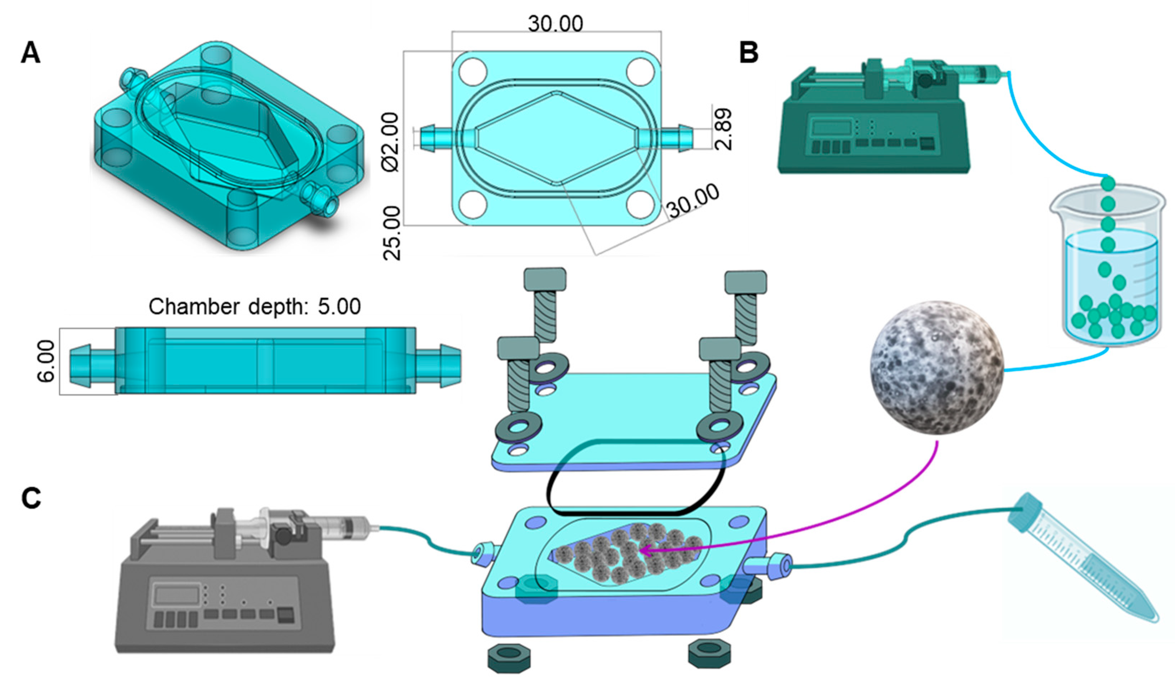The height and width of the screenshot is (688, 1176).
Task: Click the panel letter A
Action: click(x=31, y=53)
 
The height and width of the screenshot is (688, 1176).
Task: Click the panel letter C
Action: click(x=31, y=498)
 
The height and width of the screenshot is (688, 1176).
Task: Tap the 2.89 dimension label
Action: click(x=723, y=129)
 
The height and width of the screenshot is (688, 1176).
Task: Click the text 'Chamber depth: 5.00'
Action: click(x=254, y=307)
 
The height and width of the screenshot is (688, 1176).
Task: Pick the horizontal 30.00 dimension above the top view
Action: click(x=555, y=23)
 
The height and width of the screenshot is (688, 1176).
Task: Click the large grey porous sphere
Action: click(x=936, y=367)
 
